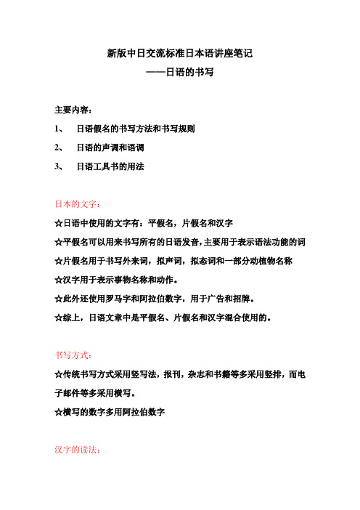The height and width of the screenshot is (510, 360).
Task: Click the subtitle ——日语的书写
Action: [x=179, y=73]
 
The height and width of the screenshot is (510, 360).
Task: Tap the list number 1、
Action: [x=60, y=129]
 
